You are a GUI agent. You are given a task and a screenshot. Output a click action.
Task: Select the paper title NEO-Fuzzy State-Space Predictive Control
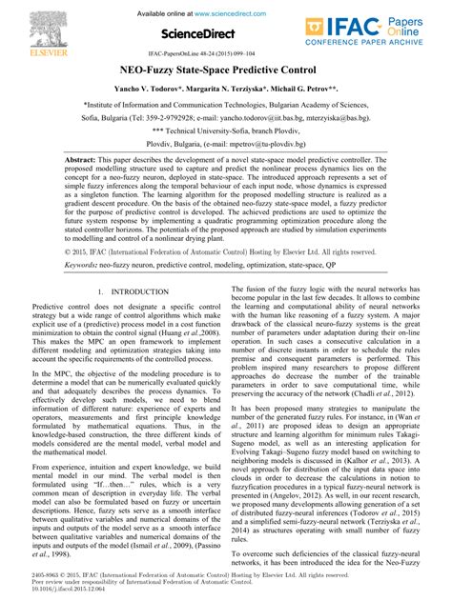(x=225, y=70)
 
